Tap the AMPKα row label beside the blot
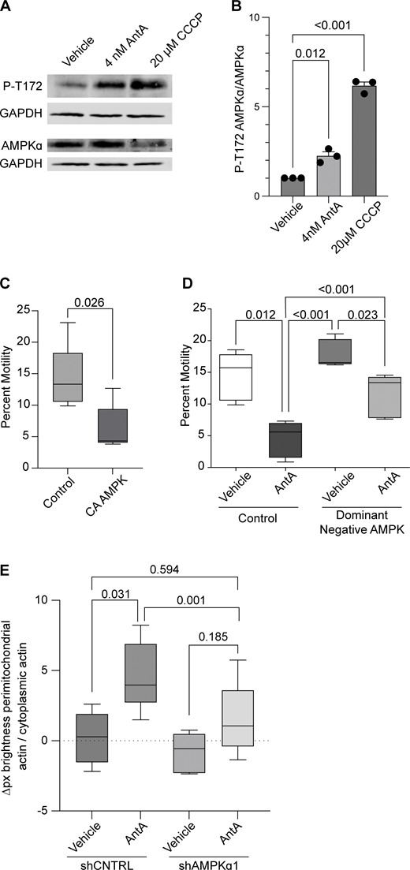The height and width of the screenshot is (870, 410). point(27,145)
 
